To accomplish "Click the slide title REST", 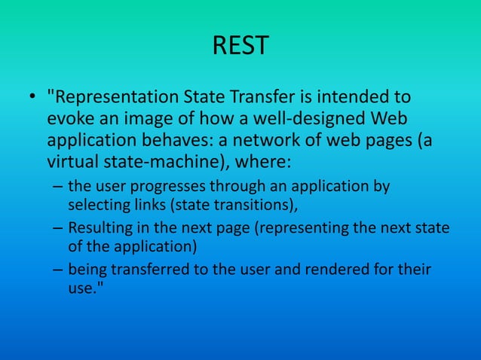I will [x=240, y=47].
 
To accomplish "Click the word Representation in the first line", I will [x=118, y=98].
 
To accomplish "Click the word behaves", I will [x=166, y=141].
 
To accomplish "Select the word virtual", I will [x=73, y=162].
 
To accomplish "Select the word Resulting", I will [x=98, y=228].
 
